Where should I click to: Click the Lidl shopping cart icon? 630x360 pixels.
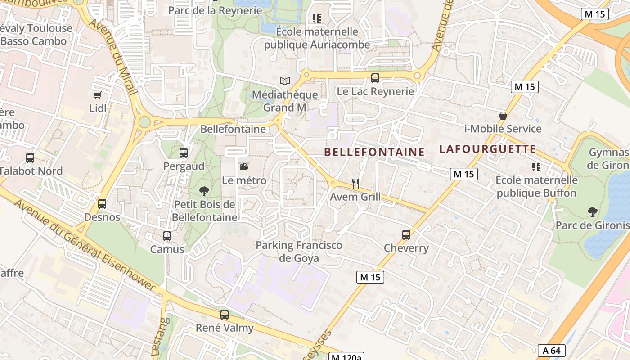(97, 95)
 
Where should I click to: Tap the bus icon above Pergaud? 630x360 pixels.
(184, 153)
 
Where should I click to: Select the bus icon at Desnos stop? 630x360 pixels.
(102, 204)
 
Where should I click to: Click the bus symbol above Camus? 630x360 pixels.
(167, 236)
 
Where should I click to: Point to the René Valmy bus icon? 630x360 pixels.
(225, 315)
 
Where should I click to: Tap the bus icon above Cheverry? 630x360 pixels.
(406, 235)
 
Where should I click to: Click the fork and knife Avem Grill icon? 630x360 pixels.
(355, 183)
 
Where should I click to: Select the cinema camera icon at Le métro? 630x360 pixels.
(244, 167)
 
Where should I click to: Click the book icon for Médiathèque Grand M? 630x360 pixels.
(284, 81)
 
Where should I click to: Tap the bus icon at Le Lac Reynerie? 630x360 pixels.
(375, 78)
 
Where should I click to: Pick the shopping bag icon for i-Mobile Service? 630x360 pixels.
(503, 116)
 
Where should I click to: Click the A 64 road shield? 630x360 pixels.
(551, 351)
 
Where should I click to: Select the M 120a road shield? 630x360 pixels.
(346, 357)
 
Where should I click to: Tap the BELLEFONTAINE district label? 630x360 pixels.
(374, 152)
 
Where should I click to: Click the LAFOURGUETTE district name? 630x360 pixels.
(488, 149)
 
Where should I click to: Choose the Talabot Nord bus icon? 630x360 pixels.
(30, 158)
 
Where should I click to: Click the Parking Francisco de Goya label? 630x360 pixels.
(299, 252)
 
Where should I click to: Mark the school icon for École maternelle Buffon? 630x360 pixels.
(536, 167)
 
